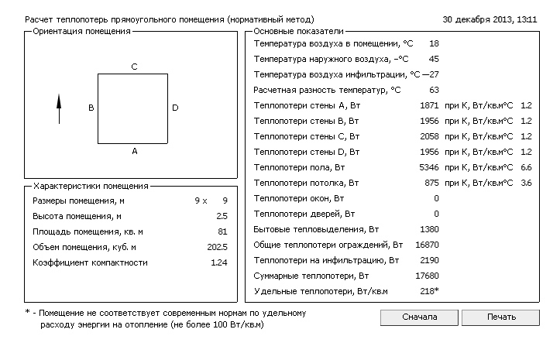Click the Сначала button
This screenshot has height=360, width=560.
point(420,317)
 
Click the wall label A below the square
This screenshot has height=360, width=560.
point(134,152)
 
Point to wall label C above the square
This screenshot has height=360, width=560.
point(134,67)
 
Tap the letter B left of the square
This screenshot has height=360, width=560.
point(91,108)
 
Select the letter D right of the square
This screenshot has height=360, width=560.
point(175,108)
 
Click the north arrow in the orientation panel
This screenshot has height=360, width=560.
point(59,108)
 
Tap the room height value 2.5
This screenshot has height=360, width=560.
point(222,217)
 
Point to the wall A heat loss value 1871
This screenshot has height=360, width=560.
point(428,105)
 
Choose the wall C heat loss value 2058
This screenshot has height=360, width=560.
point(428,136)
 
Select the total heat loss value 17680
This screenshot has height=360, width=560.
point(426,276)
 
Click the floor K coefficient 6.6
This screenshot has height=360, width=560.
point(526,167)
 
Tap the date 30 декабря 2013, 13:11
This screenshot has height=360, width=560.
point(490,18)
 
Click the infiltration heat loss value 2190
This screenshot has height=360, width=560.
point(428,260)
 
